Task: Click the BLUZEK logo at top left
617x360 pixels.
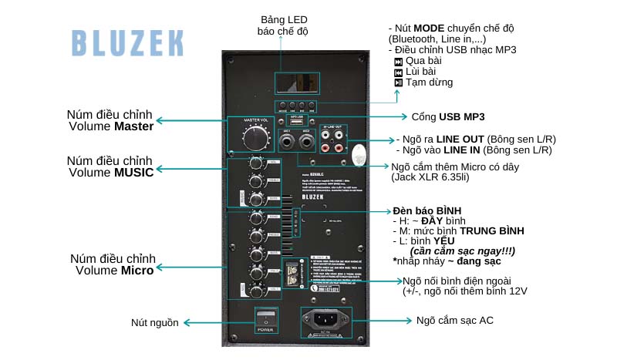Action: pos(128,42)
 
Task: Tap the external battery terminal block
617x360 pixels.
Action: pos(292,275)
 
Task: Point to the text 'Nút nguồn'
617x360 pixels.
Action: pos(154,322)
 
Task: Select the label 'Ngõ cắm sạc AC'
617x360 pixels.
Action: pos(455,320)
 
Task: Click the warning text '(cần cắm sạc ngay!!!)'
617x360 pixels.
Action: pos(462,251)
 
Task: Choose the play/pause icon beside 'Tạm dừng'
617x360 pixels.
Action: pos(398,82)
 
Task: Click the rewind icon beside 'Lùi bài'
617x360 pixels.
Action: pos(398,72)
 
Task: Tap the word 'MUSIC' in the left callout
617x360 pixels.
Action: pos(134,172)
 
